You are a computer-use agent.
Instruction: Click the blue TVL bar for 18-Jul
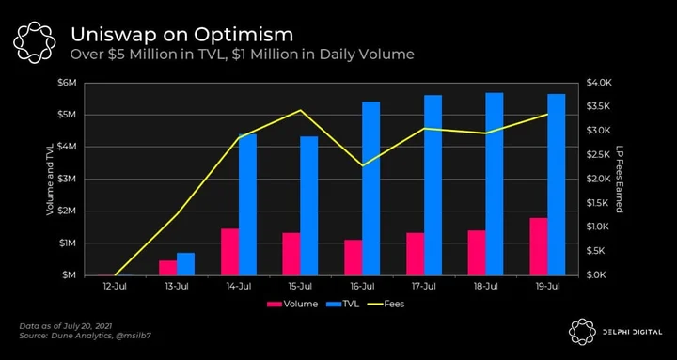point(495,184)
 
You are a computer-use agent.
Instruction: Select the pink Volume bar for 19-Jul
point(539,246)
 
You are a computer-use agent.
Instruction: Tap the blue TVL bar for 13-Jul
point(185,264)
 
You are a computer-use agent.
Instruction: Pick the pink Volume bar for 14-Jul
point(229,252)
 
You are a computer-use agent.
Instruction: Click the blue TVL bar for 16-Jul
point(370,189)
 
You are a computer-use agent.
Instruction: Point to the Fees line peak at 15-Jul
point(301,110)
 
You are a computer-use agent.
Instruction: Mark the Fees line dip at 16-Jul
point(362,165)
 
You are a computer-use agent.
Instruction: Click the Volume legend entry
point(292,304)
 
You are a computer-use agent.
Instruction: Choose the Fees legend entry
point(386,304)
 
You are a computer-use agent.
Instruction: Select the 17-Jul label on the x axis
point(423,286)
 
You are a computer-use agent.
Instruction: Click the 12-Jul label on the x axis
point(115,286)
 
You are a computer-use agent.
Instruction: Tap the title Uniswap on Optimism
point(181,35)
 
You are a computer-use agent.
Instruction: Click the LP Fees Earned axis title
point(619,179)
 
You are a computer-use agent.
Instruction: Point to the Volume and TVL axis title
point(50,179)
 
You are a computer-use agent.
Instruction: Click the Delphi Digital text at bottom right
point(632,333)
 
